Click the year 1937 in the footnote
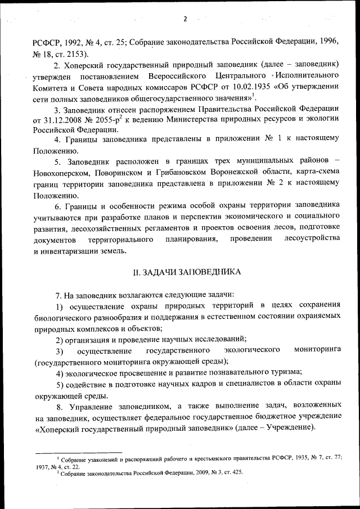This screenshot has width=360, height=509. coord(43,467)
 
